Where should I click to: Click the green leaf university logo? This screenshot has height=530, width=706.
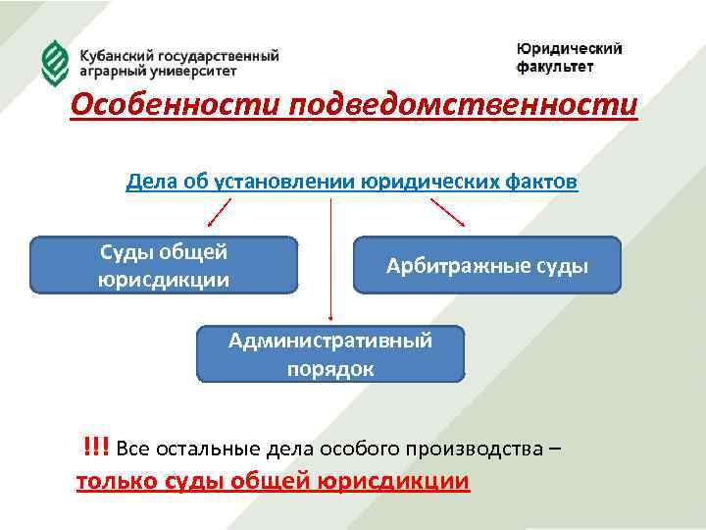pos(55,63)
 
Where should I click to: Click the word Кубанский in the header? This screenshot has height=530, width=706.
pos(115,56)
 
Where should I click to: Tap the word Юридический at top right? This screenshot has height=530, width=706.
pos(569,49)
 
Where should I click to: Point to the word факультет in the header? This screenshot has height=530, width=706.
pos(555,67)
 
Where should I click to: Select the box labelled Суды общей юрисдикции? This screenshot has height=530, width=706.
pos(164,265)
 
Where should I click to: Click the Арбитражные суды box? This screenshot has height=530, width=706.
pos(487,265)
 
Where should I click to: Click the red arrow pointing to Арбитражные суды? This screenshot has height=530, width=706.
pos(448,214)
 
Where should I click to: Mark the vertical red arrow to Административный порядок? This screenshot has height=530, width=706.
pos(330,260)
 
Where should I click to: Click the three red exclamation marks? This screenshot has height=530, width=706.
pos(96,449)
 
